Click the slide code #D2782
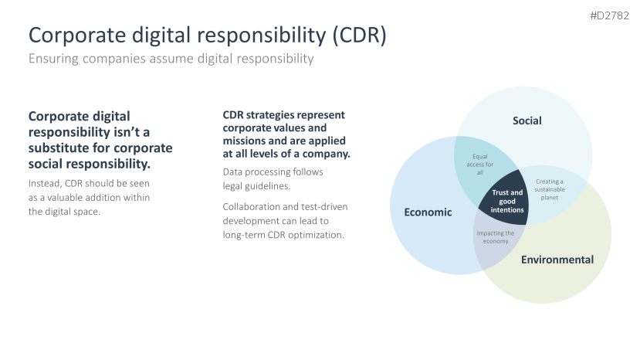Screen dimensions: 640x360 coord(609,15)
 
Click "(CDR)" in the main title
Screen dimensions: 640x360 coord(359,35)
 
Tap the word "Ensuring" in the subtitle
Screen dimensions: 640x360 coord(53,59)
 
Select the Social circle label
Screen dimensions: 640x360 coord(527,121)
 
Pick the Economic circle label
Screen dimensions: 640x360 coord(428,212)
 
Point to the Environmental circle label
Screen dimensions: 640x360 coord(557,260)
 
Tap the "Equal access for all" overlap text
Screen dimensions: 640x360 coord(480,165)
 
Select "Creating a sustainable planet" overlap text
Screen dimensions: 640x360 coord(550,189)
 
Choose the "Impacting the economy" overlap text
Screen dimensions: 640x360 coord(496,237)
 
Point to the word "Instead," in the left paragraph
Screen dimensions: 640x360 coord(45,183)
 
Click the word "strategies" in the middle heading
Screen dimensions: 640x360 coord(269,115)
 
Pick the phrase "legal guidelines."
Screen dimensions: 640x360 coord(257,186)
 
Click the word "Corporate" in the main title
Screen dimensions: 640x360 coord(77,36)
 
